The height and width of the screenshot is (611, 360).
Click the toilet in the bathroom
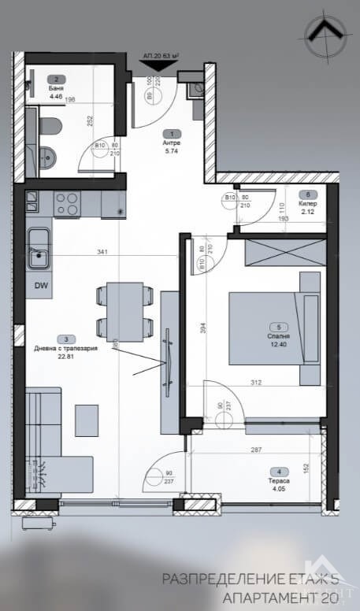[x=50, y=126]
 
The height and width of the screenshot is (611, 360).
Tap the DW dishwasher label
[x=39, y=287]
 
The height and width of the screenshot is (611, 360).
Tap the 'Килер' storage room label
[x=308, y=202]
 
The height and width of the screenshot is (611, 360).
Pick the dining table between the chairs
[x=122, y=310]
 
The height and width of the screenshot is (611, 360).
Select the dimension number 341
[x=101, y=253]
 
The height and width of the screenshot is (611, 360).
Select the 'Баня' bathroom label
[x=54, y=87]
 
